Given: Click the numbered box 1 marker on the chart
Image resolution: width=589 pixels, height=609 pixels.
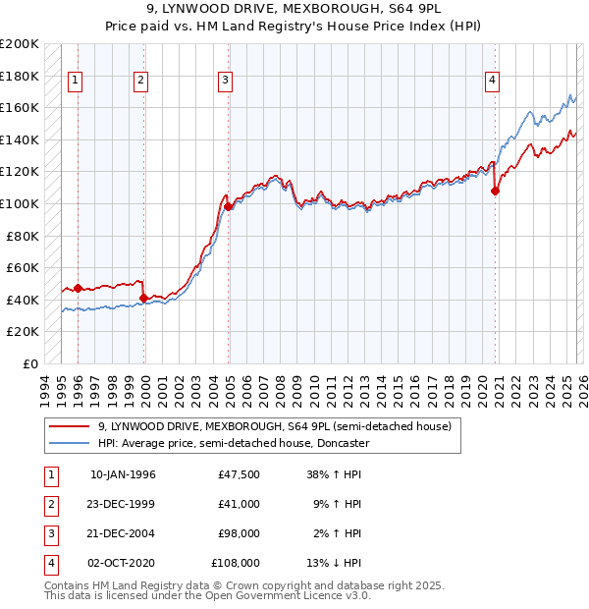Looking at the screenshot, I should pyautogui.click(x=77, y=82).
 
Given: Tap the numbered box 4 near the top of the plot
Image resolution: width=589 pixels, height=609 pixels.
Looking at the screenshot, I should pyautogui.click(x=492, y=82).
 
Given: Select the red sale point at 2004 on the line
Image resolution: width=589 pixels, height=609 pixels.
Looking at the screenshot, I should pyautogui.click(x=228, y=206).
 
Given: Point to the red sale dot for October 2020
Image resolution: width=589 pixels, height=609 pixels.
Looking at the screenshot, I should pyautogui.click(x=495, y=192).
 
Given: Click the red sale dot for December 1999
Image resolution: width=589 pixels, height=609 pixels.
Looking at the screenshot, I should pyautogui.click(x=144, y=298).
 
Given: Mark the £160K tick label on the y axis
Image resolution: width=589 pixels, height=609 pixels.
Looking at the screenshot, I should pyautogui.click(x=21, y=107).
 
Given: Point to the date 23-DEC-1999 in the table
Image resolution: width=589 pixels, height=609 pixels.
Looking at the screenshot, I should pyautogui.click(x=123, y=504).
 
